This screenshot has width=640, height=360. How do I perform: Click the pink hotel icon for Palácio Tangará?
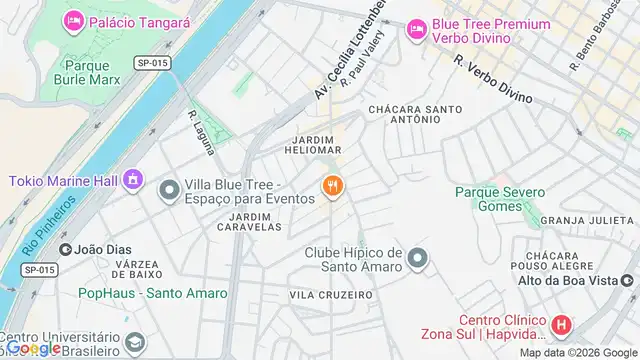pyautogui.click(x=73, y=21)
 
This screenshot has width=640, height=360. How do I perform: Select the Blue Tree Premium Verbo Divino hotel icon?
pyautogui.click(x=415, y=31)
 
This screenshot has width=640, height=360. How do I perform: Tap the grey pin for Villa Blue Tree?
pyautogui.click(x=170, y=187)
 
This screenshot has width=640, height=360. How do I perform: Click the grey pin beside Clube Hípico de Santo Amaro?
pyautogui.click(x=418, y=259)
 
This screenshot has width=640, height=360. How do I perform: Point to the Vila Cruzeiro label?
pyautogui.click(x=331, y=295)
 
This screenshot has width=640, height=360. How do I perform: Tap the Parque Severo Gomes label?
pyautogui.click(x=500, y=199)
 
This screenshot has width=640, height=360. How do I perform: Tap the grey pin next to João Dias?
pyautogui.click(x=66, y=250)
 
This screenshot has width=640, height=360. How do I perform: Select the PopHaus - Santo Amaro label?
pyautogui.click(x=153, y=294)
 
